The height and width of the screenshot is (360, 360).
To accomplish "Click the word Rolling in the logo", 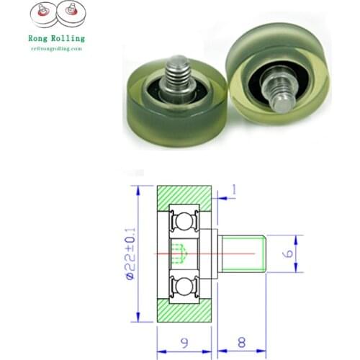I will point(69,38).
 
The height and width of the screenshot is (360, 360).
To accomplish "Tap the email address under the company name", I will point(56,48).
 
